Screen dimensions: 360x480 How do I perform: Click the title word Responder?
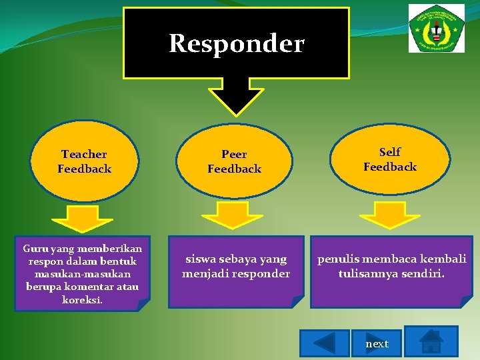click(237, 44)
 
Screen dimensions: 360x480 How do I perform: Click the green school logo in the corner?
click(437, 28)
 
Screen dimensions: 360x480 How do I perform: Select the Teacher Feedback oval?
click(84, 162)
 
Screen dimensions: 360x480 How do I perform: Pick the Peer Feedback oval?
click(234, 162)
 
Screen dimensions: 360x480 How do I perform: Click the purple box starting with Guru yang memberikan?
click(83, 273)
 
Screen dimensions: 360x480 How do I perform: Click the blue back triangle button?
click(324, 343)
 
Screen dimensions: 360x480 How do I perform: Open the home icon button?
click(431, 341)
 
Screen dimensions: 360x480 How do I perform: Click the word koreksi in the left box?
click(82, 300)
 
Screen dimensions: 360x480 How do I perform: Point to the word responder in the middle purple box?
click(265, 274)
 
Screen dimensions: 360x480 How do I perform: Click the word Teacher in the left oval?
click(84, 155)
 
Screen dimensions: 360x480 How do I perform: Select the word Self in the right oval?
click(390, 152)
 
